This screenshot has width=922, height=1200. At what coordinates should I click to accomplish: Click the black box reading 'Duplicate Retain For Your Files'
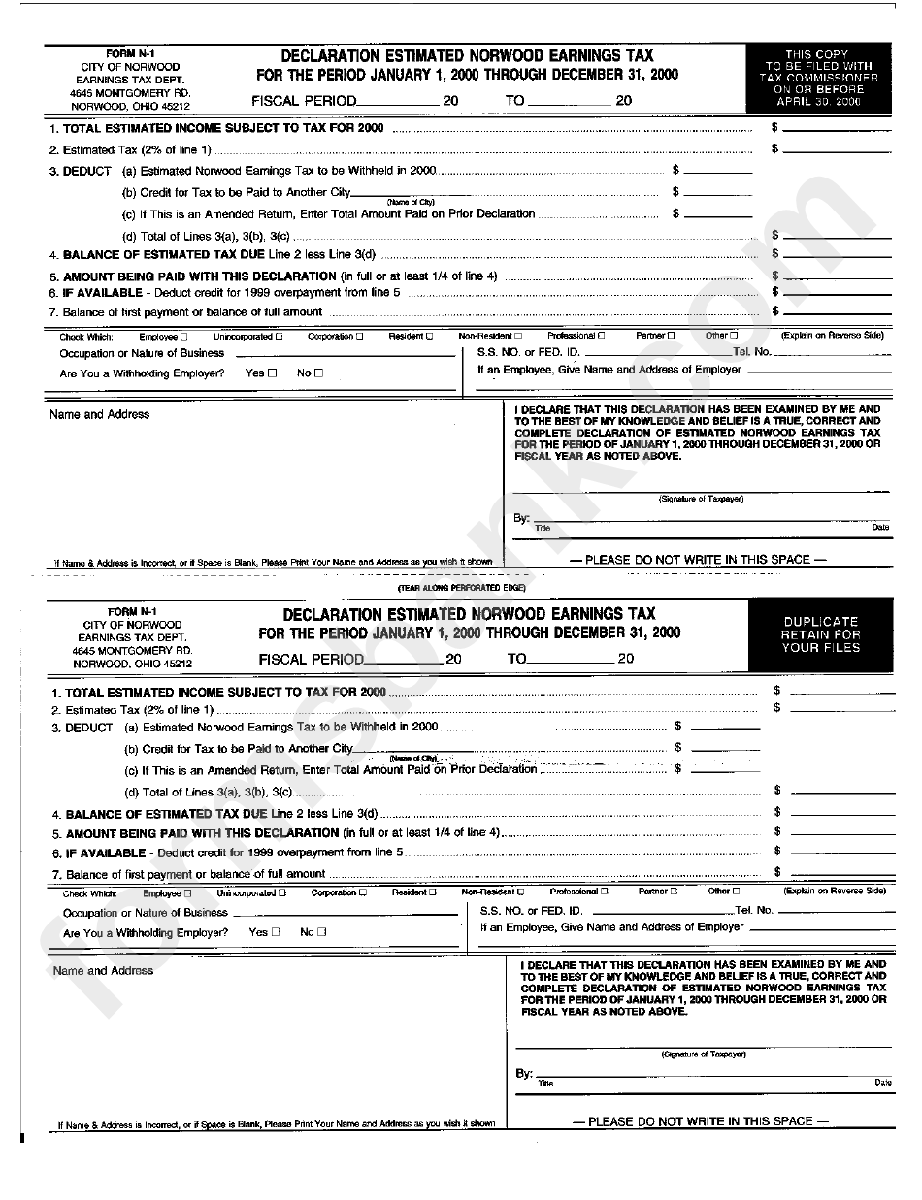point(820,635)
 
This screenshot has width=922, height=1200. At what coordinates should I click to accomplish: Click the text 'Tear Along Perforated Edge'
point(461,588)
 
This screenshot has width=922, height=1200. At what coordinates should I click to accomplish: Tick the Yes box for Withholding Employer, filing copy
point(272,373)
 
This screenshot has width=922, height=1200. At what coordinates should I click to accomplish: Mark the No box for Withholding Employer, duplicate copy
point(322,932)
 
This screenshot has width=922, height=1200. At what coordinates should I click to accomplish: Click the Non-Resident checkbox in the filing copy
point(517,336)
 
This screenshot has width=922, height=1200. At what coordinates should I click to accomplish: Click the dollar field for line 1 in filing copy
point(836,128)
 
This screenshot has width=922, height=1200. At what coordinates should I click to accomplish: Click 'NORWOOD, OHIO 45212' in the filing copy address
point(130,106)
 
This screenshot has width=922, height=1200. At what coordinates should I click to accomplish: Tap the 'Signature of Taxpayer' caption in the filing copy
point(701,499)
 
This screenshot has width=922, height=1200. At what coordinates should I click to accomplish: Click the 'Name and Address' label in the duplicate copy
point(103,970)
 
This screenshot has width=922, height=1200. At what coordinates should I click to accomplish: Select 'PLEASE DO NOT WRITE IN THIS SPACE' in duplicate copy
point(700,1121)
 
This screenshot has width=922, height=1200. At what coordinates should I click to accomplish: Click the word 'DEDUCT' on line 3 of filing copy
point(87,171)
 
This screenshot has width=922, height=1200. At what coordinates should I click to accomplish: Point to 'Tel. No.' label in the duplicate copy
point(754,911)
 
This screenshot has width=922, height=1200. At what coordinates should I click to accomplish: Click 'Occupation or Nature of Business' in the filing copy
point(142,353)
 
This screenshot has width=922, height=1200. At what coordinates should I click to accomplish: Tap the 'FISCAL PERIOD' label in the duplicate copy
point(312,659)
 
